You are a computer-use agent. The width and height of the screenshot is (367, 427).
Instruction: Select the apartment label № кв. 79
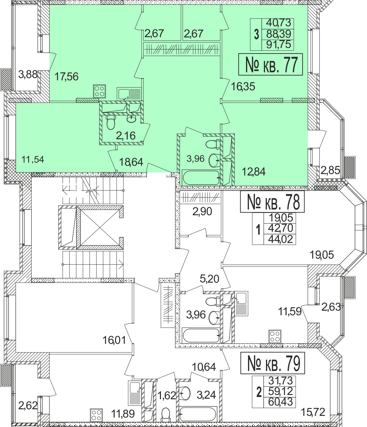coord(273,363)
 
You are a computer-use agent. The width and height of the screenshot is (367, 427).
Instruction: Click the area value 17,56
coord(66,77)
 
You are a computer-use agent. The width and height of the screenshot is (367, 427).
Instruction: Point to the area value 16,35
coord(243,86)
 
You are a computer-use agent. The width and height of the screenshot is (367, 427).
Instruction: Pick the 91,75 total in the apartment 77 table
coord(278,45)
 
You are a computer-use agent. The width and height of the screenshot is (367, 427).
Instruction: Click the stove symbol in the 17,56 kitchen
coord(99,91)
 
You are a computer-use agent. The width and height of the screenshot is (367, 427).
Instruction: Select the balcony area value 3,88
coord(28,75)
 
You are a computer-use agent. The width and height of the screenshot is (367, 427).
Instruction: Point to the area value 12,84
coord(253,172)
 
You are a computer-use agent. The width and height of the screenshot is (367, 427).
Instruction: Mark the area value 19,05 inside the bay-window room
coord(322,254)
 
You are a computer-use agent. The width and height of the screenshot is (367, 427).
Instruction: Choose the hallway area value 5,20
coord(209,279)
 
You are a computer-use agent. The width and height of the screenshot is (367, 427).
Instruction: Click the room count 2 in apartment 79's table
coord(259,392)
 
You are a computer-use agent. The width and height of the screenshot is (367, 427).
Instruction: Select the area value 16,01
coord(114,340)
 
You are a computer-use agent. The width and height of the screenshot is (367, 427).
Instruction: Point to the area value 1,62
coord(167,395)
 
